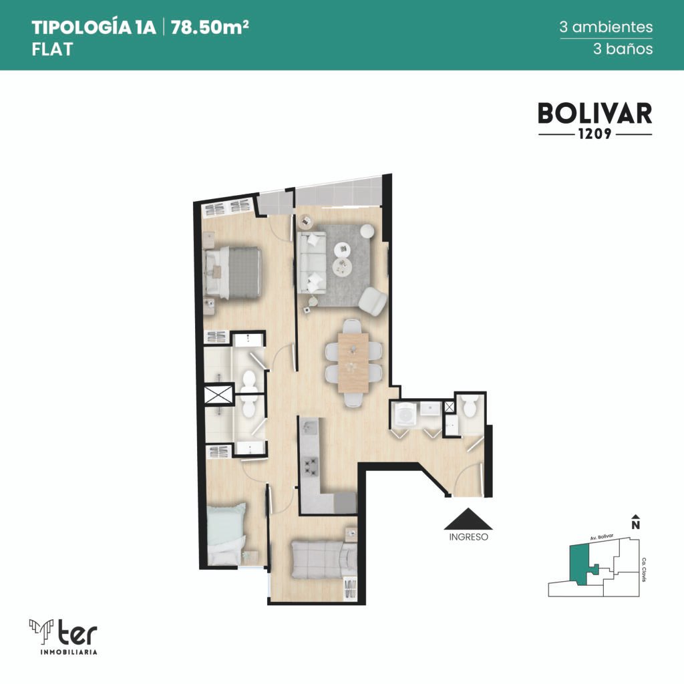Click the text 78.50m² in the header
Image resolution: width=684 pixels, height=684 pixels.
pyautogui.click(x=210, y=27)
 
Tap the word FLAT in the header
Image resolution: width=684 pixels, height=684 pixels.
pyautogui.click(x=52, y=49)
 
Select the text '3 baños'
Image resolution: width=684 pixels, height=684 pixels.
pyautogui.click(x=623, y=48)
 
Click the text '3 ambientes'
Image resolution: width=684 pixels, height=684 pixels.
pyautogui.click(x=606, y=27)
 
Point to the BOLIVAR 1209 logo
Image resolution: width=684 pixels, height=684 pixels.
pyautogui.click(x=595, y=120)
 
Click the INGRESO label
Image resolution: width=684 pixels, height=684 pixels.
pyautogui.click(x=468, y=537)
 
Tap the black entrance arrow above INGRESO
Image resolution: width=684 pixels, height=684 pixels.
pyautogui.click(x=468, y=518)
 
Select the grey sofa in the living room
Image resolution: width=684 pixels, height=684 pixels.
pyautogui.click(x=311, y=263)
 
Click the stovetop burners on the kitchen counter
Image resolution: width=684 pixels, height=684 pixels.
pyautogui.click(x=311, y=466)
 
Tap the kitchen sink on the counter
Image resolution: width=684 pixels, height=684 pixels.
pyautogui.click(x=311, y=426)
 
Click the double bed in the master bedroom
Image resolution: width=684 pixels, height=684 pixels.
pyautogui.click(x=233, y=273)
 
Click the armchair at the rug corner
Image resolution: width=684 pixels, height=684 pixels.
pyautogui.click(x=372, y=301)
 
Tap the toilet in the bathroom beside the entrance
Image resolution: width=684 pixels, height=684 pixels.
pyautogui.click(x=470, y=406)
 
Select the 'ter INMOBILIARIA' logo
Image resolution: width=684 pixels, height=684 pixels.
pyautogui.click(x=63, y=637)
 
